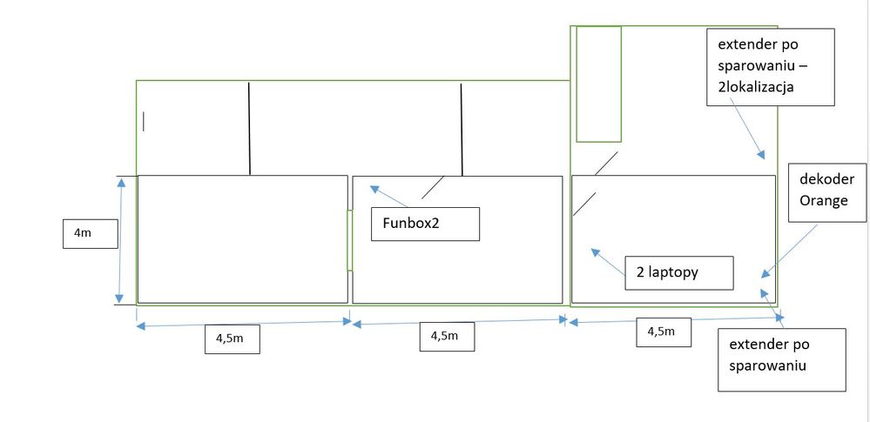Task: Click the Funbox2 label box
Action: coord(424,224)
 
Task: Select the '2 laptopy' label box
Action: coord(678,272)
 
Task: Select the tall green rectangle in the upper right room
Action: coord(598,84)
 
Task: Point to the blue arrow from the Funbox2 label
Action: coord(389,196)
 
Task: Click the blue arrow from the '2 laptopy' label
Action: coord(609,262)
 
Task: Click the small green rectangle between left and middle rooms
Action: coord(349,240)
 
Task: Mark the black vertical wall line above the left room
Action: coord(250,128)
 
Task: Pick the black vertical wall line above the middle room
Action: coord(462,128)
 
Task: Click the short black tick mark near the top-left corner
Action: coord(144,121)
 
